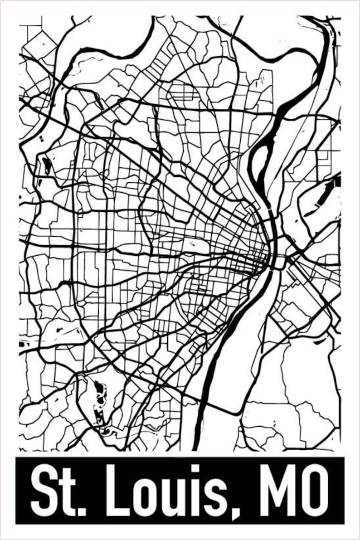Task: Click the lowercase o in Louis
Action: tap(137, 496)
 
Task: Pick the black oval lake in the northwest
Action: tap(47, 165)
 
